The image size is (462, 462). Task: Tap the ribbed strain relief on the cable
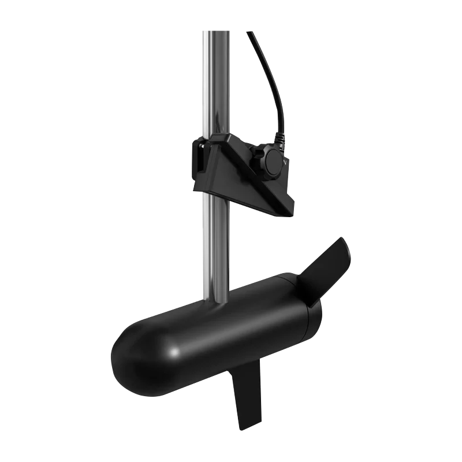tap(280, 139)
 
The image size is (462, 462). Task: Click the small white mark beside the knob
tap(287, 163)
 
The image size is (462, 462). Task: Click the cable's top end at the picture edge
tap(249, 32)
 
